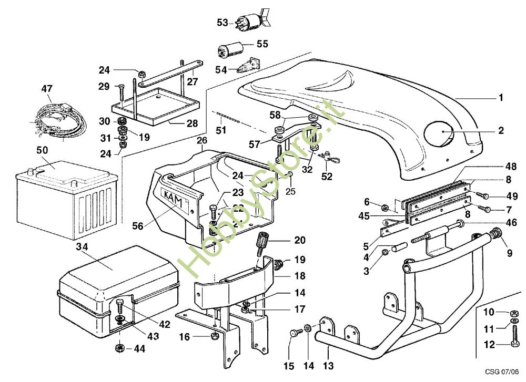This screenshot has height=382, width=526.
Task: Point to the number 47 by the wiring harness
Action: tap(47, 89)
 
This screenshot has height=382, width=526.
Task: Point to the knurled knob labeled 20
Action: tap(264, 245)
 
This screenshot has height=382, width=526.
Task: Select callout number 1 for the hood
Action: tap(501, 98)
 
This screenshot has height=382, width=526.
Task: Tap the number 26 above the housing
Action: tap(202, 141)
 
